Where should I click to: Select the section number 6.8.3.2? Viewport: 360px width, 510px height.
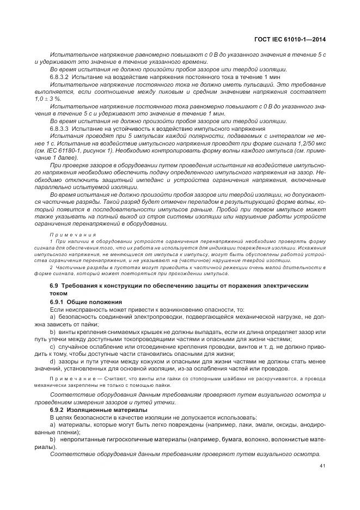(x=60, y=78)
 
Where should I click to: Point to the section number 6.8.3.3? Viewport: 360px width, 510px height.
(x=60, y=128)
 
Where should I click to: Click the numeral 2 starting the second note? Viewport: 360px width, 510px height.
(x=51, y=268)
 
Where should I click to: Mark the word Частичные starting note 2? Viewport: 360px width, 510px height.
(x=67, y=268)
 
